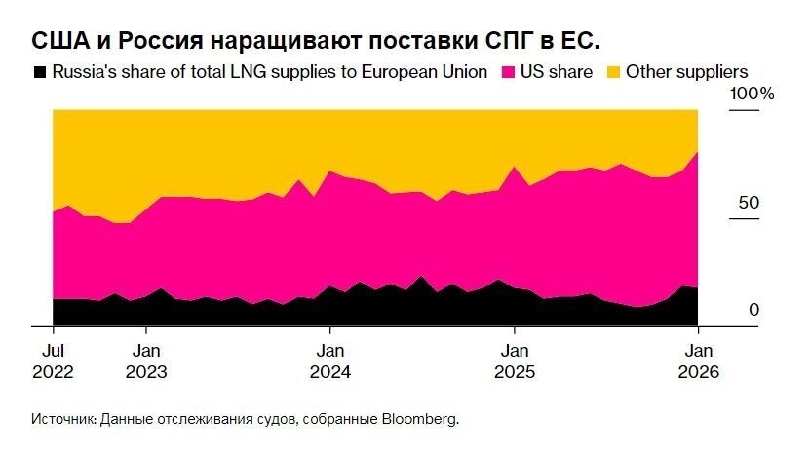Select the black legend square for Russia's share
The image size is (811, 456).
coord(40,72)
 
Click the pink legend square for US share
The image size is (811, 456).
coord(508,72)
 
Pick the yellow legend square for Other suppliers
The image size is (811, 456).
coord(613,72)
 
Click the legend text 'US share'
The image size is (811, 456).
coord(557,72)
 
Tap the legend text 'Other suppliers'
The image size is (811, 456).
coord(686,72)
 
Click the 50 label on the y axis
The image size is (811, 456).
coord(747,204)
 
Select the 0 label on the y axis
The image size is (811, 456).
coord(753,310)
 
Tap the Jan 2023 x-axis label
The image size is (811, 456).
coord(146,361)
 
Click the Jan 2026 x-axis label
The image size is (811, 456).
coord(698,361)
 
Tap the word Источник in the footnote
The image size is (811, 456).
coord(62,419)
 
